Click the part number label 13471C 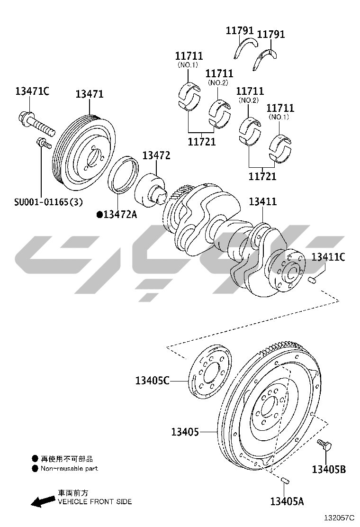click(32, 91)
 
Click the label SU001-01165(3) click(48, 202)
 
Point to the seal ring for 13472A click(123, 175)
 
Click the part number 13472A click(117, 214)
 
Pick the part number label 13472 click(156, 155)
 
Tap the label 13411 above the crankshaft click(262, 201)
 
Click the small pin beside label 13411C click(313, 279)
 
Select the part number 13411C click(328, 257)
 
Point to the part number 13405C click(152, 381)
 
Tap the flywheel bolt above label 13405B click(324, 445)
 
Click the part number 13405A click(287, 501)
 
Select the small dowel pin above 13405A click(285, 481)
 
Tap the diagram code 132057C click(339, 518)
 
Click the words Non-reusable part click(69, 469)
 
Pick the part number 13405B click(329, 469)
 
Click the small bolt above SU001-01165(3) click(43, 143)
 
